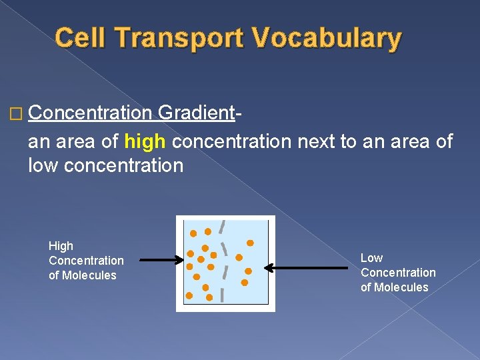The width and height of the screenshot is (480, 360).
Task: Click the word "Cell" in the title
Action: point(80,39)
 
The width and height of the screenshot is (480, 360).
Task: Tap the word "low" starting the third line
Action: point(43,165)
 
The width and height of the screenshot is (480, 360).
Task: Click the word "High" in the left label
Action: point(61,246)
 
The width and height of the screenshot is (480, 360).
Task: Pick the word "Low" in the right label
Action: point(371,258)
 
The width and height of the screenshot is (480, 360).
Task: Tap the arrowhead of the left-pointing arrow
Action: point(269,268)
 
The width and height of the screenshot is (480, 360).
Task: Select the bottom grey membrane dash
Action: point(222,294)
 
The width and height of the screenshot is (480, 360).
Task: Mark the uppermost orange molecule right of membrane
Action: point(250,243)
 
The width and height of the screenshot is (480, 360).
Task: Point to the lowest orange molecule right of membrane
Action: point(244,283)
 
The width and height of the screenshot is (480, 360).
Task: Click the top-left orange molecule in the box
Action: point(193,234)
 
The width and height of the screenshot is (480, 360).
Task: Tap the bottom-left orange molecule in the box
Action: point(189,295)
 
